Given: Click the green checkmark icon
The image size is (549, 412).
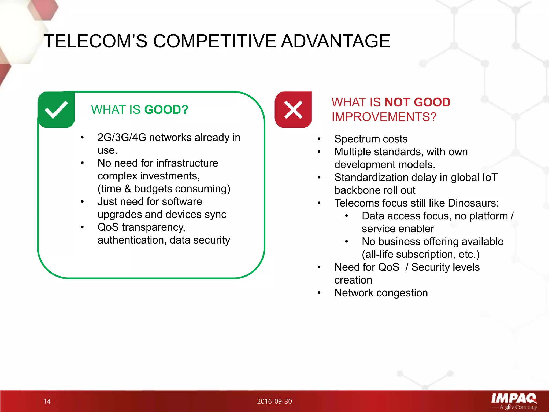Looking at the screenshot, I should click(56, 109).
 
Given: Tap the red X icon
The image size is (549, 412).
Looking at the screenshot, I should click(293, 109).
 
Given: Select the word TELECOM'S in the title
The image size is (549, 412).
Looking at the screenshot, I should click(95, 41).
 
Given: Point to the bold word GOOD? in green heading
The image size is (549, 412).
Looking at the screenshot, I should click(166, 110).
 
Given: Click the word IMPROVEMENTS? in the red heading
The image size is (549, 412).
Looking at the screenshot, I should click(384, 117).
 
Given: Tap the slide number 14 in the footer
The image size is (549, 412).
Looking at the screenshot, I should click(47, 401).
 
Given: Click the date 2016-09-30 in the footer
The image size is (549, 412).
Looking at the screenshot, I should click(274, 401).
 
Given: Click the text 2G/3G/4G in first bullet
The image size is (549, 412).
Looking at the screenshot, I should click(122, 138).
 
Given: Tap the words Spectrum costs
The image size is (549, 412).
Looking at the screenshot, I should click(371, 139).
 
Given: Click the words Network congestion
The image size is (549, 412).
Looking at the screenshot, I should click(381, 293).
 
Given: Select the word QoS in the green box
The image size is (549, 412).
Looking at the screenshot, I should click(108, 227).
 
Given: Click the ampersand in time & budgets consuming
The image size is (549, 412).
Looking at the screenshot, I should click(128, 189).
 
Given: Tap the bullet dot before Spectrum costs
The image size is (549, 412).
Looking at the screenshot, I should click(319, 139).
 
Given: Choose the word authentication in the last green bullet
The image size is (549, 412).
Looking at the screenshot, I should click(132, 240).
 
